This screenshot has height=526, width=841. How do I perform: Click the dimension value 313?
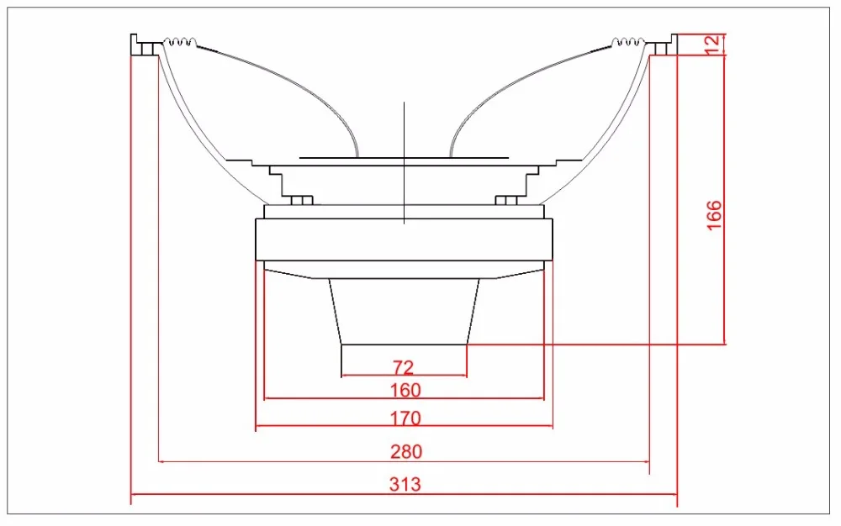click(405, 484)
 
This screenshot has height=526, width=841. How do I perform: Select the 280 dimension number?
click(406, 452)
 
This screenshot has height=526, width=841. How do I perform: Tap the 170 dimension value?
click(405, 418)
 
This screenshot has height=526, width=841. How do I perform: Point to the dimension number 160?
click(405, 391)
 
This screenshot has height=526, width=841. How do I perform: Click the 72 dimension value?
click(404, 367)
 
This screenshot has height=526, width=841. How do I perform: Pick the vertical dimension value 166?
click(714, 215)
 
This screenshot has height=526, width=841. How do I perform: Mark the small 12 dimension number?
click(711, 45)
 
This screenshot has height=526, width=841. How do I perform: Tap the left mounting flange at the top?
click(145, 45)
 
